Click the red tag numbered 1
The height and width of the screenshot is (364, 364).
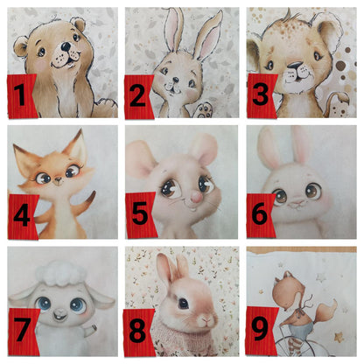pyautogui.click(x=22, y=96)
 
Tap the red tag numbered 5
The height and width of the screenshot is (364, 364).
pyautogui.click(x=141, y=215)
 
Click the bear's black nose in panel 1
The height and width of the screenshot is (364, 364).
pyautogui.click(x=66, y=46)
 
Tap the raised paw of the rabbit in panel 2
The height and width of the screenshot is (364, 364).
pyautogui.click(x=206, y=110)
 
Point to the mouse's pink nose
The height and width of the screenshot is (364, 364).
pyautogui.click(x=195, y=199)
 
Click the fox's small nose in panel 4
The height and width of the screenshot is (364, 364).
pyautogui.click(x=58, y=179)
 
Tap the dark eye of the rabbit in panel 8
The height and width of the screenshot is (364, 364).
pyautogui.click(x=184, y=304)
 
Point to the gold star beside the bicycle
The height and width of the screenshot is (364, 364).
pyautogui.click(x=339, y=338)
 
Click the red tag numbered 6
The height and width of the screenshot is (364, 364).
pyautogui.click(x=260, y=215)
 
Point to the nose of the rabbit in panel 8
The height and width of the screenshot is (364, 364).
pyautogui.click(x=206, y=319)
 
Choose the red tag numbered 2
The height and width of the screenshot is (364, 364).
pyautogui.click(x=139, y=97)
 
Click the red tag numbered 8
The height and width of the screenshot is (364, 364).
pyautogui.click(x=138, y=332)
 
